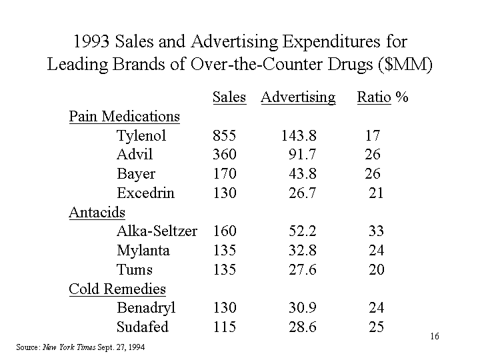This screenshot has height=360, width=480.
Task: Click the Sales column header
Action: [x=229, y=97]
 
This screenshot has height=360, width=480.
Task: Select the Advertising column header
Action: [x=298, y=97]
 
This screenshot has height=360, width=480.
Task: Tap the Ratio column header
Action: [x=373, y=97]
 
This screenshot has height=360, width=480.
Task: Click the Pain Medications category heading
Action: [x=125, y=117]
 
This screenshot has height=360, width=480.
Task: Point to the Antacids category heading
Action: [x=97, y=212]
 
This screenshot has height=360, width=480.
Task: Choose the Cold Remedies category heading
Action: [x=118, y=289]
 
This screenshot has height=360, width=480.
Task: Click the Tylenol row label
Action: [x=141, y=136]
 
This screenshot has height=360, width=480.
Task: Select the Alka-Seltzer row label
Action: [x=157, y=231]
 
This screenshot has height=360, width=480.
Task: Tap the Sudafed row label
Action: [x=143, y=327]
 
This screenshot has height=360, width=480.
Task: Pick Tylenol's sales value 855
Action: [x=224, y=136]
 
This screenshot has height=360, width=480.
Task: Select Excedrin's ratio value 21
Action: [x=376, y=193]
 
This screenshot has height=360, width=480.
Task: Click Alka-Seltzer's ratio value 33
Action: [x=376, y=231]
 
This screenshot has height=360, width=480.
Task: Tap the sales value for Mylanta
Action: [x=224, y=251]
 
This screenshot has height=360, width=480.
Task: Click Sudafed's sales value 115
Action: [x=224, y=327]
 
